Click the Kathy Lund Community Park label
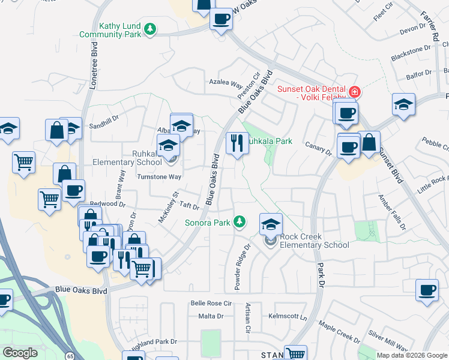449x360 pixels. (110, 30)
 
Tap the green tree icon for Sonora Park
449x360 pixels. (240, 223)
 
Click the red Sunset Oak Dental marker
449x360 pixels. (355, 92)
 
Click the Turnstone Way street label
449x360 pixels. (158, 177)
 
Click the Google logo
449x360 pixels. (20, 353)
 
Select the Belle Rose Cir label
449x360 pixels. (211, 304)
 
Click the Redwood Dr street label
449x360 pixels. (104, 203)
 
